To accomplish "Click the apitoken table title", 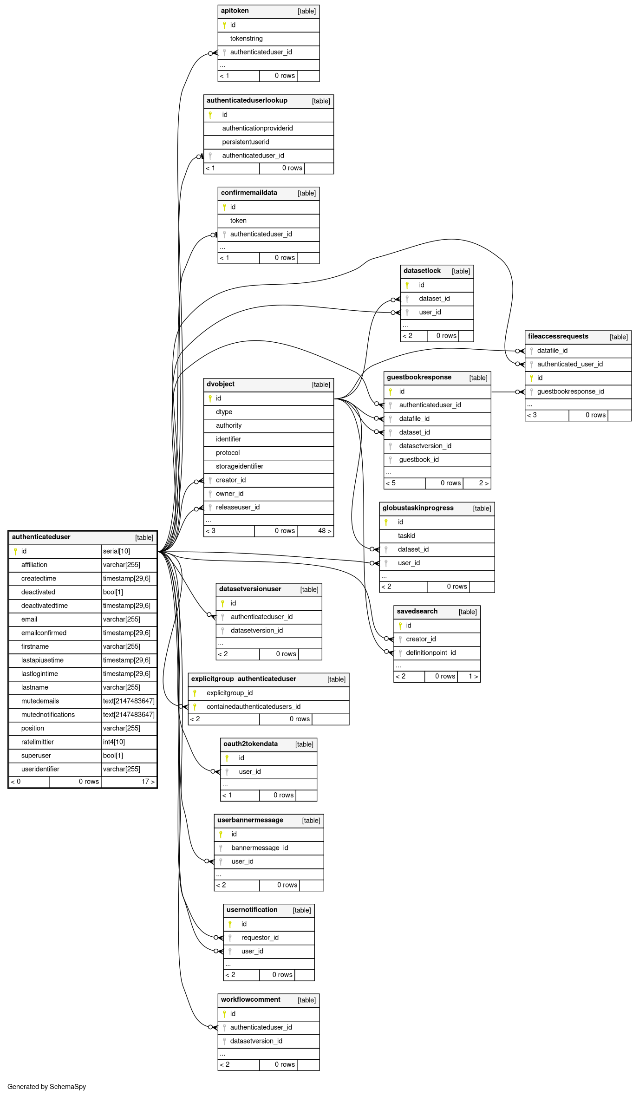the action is click(235, 11).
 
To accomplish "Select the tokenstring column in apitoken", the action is click(246, 39).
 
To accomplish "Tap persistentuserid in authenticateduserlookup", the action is click(245, 142).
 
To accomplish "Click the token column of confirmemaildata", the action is click(238, 221).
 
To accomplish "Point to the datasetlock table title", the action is click(422, 271).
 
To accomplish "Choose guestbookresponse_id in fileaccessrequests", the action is click(570, 391).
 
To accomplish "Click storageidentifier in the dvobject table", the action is click(239, 466).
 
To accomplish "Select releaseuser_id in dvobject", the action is click(237, 507).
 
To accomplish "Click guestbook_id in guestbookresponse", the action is click(418, 460).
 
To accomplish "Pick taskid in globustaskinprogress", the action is click(406, 536).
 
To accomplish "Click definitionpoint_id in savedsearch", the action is click(430, 653).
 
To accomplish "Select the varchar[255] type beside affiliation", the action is click(121, 565).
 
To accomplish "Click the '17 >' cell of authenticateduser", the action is click(148, 782).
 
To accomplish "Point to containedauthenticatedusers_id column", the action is click(253, 707).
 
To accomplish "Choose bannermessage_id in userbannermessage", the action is click(260, 848).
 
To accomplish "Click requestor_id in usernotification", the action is click(260, 938).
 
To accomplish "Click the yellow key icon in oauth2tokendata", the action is click(227, 758).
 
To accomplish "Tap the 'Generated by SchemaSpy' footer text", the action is click(46, 1087).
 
